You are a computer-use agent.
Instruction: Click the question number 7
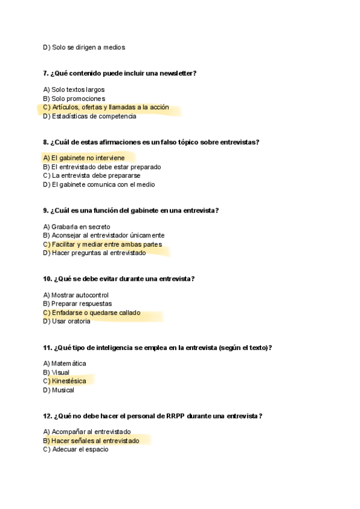tap(46, 74)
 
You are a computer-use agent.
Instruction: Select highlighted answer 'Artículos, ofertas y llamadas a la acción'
tap(106, 107)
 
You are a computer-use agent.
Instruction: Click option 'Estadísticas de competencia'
tap(89, 116)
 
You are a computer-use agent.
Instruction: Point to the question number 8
tap(46, 142)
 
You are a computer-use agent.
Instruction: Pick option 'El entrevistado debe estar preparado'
tap(102, 167)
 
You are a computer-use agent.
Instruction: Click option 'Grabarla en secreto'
tap(77, 227)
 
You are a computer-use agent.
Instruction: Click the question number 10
tap(47, 279)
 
